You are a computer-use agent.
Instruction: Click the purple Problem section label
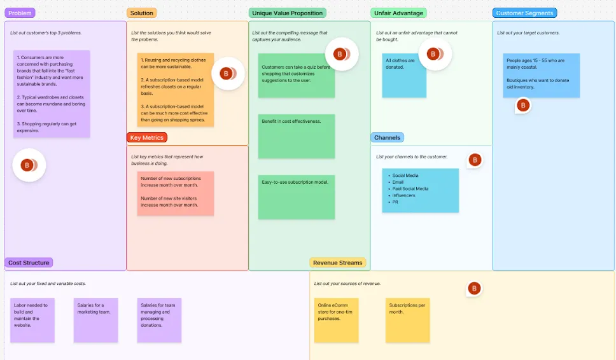[x=20, y=13]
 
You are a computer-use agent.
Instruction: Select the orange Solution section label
[x=141, y=13]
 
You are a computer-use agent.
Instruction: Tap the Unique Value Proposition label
[x=287, y=13]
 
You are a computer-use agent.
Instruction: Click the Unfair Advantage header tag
[x=398, y=13]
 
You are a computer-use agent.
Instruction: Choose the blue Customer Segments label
[x=524, y=13]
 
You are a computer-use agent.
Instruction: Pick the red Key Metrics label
[x=147, y=137]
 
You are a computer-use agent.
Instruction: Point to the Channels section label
[x=387, y=137]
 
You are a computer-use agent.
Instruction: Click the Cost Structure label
[x=29, y=263]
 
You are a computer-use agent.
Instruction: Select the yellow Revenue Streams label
[x=337, y=263]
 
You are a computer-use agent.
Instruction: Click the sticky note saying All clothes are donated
[x=404, y=76]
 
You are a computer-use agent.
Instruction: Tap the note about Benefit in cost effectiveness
[x=296, y=136]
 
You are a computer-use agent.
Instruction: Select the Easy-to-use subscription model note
[x=296, y=197]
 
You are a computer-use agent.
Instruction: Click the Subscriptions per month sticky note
[x=408, y=320]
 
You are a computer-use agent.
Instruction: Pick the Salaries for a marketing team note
[x=95, y=320]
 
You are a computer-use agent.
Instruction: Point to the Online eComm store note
[x=336, y=320]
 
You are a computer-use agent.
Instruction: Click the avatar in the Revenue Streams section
[x=473, y=289]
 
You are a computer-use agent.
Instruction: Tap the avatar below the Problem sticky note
[x=27, y=165]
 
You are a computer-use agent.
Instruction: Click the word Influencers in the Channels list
[x=403, y=195]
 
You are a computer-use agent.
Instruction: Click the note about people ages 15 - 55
[x=541, y=75]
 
